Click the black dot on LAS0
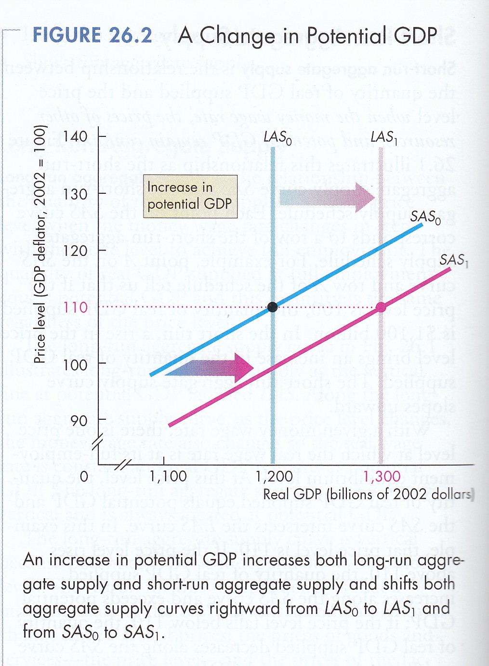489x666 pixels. (273, 306)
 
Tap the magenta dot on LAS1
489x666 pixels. (381, 306)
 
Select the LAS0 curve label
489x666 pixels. (278, 138)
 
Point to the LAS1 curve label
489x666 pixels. (384, 138)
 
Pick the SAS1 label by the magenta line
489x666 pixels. (453, 260)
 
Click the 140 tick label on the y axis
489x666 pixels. (76, 136)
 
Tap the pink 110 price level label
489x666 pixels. (76, 307)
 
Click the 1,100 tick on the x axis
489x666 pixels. (168, 477)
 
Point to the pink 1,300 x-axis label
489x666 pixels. (382, 477)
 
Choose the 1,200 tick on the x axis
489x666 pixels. (274, 477)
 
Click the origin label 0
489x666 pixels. (84, 477)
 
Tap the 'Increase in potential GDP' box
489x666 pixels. (190, 196)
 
